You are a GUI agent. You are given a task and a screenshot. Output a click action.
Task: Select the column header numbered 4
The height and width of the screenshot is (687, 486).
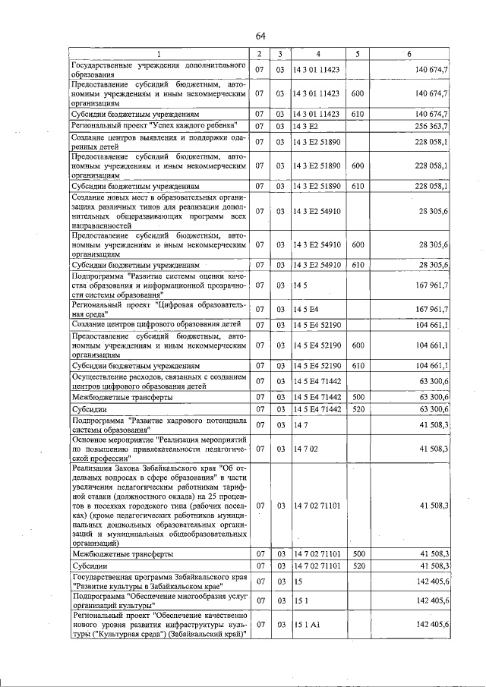(x=317, y=54)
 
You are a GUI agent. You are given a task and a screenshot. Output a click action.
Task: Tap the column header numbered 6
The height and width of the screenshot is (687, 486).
(x=409, y=54)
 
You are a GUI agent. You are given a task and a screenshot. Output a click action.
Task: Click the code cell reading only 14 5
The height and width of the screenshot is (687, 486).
(x=298, y=285)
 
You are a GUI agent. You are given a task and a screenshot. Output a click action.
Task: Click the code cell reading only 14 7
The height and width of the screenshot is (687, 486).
(x=298, y=425)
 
